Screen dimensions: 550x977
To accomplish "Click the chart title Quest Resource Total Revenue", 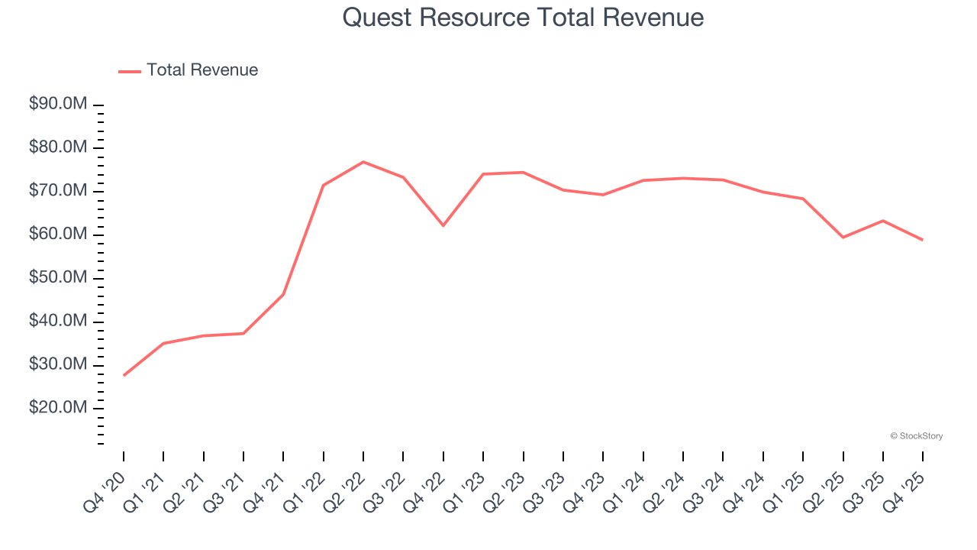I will click(x=523, y=18).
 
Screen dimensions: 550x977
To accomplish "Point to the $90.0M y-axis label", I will click(x=58, y=104).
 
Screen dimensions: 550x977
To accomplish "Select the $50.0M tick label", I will click(x=58, y=278).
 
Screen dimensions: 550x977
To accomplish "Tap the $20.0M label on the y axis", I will click(x=58, y=409).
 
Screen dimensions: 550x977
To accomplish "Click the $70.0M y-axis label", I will click(x=58, y=191).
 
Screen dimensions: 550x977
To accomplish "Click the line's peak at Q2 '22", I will click(x=363, y=162).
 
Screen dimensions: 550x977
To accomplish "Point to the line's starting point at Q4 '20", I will click(x=124, y=375).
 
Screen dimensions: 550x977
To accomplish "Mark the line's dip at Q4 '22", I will click(x=443, y=225).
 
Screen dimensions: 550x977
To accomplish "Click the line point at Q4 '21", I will click(x=283, y=294).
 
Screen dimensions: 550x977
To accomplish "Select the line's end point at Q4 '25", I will click(x=922, y=240).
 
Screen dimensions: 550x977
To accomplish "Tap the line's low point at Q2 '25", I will click(x=843, y=238).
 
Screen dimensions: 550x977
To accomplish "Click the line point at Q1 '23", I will click(x=483, y=174).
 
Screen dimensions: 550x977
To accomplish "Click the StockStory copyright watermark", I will click(x=916, y=436).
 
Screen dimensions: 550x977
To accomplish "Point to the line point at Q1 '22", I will click(x=324, y=185).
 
